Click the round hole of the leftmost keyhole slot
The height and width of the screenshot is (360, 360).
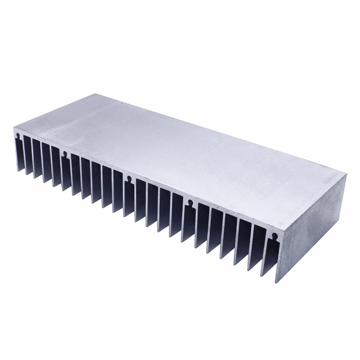tap(17, 134)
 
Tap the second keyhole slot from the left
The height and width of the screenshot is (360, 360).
tap(65, 154)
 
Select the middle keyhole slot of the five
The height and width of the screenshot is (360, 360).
tap(130, 179)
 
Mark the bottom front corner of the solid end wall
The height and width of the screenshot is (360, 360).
tap(276, 283)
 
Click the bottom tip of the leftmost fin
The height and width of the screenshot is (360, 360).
tap(18, 171)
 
